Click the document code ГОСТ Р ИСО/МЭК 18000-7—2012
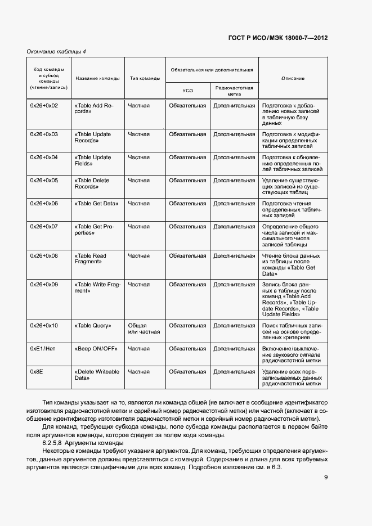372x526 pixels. [278, 38]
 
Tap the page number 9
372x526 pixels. [326, 478]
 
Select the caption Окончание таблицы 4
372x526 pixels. [56, 52]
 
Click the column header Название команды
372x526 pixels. [97, 78]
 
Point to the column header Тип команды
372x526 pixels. [145, 78]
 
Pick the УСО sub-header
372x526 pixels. [187, 90]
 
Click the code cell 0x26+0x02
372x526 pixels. [44, 105]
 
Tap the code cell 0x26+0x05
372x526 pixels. [44, 181]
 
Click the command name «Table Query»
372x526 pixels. [93, 326]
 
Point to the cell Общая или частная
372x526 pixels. [144, 329]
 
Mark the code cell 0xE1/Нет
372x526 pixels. [43, 349]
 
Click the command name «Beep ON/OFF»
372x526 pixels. [96, 349]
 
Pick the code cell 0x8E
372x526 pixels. [37, 372]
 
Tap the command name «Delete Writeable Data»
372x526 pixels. [97, 375]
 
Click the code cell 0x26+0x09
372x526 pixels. [44, 285]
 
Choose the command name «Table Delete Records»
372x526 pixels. [93, 183]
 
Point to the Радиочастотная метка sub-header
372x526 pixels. [234, 91]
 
